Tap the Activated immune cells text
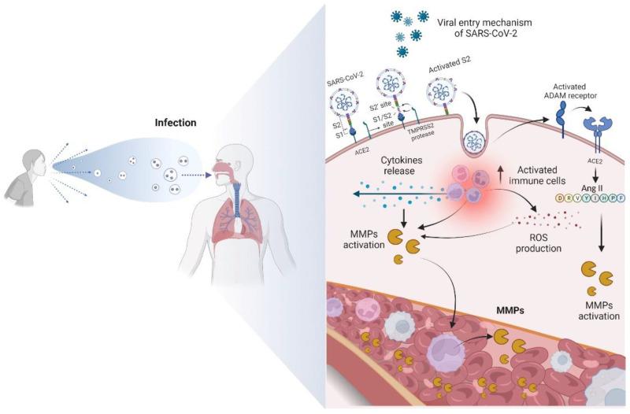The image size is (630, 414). (x=543, y=177)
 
